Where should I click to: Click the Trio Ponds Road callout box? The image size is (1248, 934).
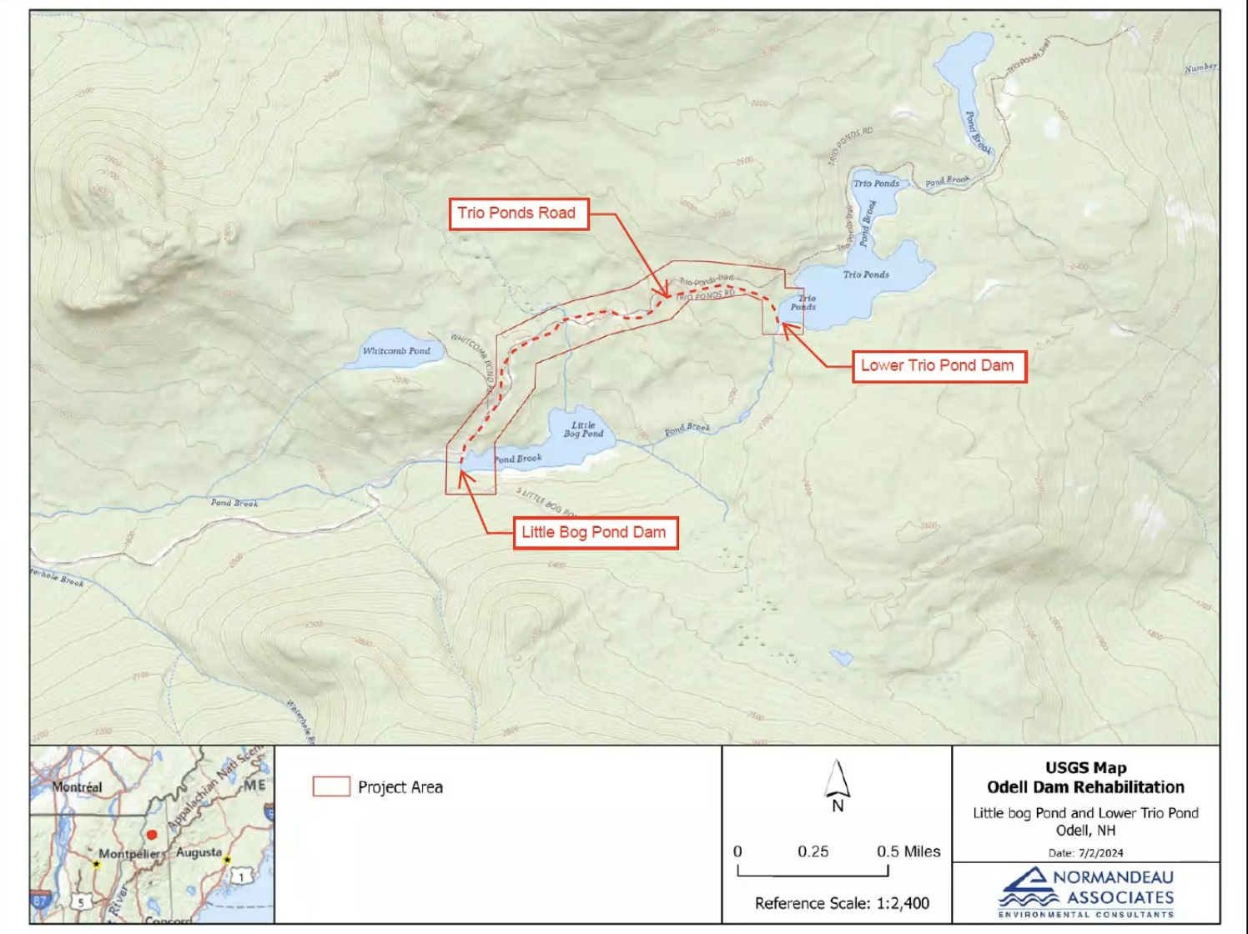tap(517, 213)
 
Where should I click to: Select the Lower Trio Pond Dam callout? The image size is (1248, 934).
tap(938, 366)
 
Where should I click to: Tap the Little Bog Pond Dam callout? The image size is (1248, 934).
tap(594, 533)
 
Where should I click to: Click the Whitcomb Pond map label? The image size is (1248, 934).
tap(396, 351)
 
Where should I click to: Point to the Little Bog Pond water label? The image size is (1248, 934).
tap(583, 429)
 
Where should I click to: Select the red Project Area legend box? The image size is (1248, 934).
tap(331, 786)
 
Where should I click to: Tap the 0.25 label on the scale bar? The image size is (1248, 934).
tap(813, 851)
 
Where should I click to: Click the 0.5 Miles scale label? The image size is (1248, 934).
tap(908, 851)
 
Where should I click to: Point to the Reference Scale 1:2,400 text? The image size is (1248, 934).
tap(842, 903)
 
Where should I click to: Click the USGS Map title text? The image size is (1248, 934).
tap(1085, 768)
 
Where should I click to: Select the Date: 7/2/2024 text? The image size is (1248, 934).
tap(1085, 853)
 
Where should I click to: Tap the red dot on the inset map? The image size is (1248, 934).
tap(152, 834)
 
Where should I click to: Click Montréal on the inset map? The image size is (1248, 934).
tap(77, 787)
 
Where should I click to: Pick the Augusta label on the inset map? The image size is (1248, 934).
tap(199, 852)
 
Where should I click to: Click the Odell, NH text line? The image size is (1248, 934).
tap(1085, 831)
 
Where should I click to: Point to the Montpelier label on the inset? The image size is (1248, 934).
tap(132, 854)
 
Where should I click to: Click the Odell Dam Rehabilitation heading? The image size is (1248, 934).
tap(1085, 787)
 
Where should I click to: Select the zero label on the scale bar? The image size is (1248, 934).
tap(737, 851)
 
